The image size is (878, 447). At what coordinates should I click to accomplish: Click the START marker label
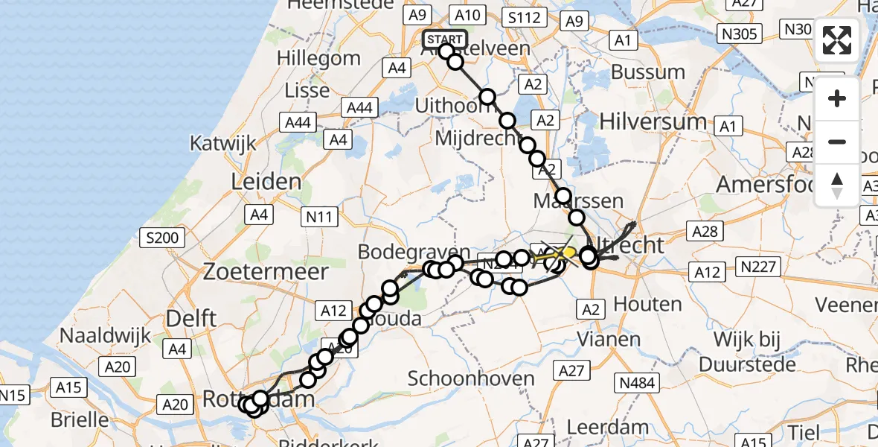tap(444, 39)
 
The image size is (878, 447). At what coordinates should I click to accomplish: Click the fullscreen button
tap(837, 40)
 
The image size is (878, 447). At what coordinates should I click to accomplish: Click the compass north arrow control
tap(837, 186)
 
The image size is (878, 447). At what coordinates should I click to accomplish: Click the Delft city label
tap(191, 318)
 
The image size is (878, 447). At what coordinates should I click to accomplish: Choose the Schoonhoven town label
tap(471, 378)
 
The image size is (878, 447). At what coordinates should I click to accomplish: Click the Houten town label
tap(628, 304)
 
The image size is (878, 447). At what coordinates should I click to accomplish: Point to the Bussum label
tap(647, 73)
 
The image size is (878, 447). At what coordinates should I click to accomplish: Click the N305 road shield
tap(739, 34)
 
